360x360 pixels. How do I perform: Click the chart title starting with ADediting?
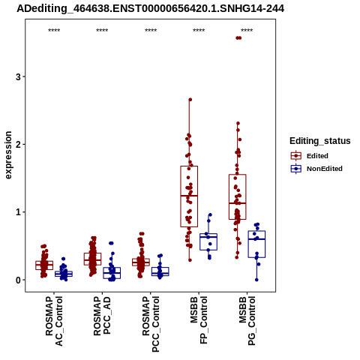click(x=150, y=9)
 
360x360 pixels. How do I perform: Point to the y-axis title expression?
click(x=8, y=155)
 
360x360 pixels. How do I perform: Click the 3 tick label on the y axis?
click(x=18, y=76)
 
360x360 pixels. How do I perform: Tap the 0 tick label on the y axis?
click(x=18, y=280)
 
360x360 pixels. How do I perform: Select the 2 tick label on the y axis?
click(x=18, y=144)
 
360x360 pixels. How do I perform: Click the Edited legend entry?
click(x=317, y=156)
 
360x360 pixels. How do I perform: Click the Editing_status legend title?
click(x=320, y=141)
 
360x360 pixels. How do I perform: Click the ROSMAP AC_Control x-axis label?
click(x=54, y=321)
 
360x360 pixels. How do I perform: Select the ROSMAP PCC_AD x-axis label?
click(x=102, y=316)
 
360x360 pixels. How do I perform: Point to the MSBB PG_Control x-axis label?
click(x=247, y=321)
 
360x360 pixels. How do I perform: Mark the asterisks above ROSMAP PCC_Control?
click(x=151, y=31)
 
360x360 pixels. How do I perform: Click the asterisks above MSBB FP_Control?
click(x=199, y=31)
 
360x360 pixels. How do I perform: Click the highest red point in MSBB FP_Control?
click(x=190, y=100)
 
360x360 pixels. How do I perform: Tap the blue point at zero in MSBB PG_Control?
click(x=256, y=280)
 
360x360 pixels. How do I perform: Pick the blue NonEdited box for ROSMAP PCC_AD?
click(x=112, y=273)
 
